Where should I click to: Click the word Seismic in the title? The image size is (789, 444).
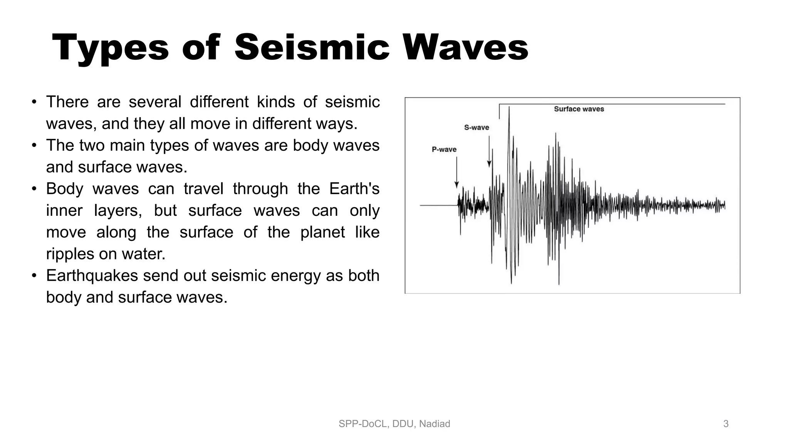[311, 48]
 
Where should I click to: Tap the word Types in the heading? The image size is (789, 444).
[110, 48]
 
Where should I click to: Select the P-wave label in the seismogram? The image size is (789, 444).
[444, 150]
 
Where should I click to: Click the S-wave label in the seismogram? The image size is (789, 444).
[476, 128]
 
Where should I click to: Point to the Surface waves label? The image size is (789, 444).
[579, 109]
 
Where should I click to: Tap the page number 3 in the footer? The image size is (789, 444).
[726, 424]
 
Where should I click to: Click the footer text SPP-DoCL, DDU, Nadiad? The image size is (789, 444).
[394, 424]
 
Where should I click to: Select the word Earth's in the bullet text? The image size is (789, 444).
[354, 189]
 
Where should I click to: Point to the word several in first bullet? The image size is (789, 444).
[154, 102]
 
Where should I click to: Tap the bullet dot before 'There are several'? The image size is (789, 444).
[34, 103]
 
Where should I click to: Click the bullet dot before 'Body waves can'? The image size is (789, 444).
[34, 189]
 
